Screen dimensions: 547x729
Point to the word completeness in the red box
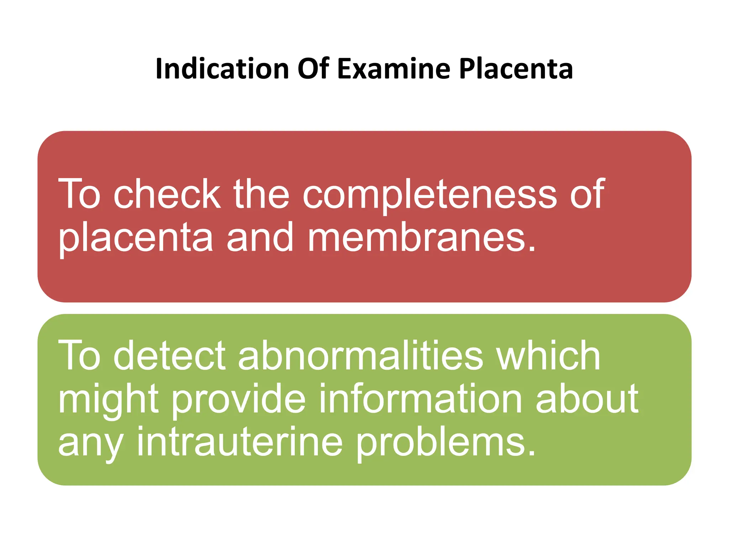(x=430, y=195)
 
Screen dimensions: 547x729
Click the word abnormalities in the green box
(x=361, y=355)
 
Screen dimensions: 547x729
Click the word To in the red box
(x=79, y=194)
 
